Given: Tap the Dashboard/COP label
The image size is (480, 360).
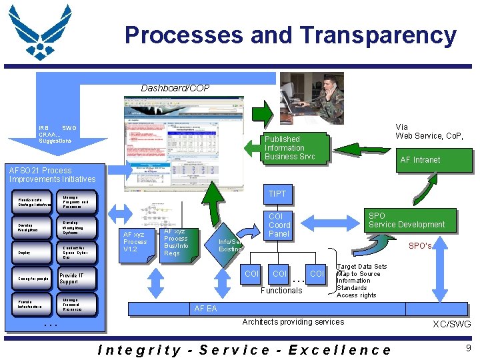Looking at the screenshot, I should (175, 88).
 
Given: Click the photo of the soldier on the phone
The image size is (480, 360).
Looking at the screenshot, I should (311, 98).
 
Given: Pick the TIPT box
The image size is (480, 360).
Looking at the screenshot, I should (277, 194).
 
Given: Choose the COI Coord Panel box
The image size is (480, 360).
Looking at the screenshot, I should (279, 225).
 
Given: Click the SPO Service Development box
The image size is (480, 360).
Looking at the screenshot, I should (407, 221).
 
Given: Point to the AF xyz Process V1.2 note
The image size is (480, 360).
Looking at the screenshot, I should (135, 241).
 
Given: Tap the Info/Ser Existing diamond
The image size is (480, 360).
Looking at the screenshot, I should (230, 245).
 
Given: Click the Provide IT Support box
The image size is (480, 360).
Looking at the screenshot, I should (79, 279).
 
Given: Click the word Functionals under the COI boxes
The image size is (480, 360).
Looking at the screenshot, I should (281, 290).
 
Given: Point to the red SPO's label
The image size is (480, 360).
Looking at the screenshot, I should (420, 246).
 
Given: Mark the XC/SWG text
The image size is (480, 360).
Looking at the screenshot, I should (452, 325).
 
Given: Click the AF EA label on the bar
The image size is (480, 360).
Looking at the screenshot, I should (205, 309).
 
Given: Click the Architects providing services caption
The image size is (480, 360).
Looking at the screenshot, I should (293, 322).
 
